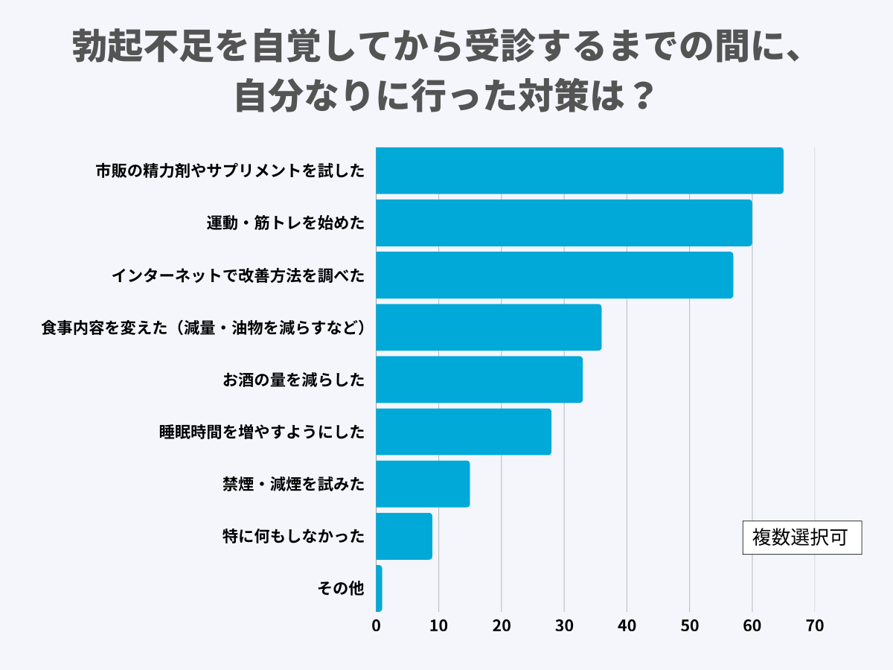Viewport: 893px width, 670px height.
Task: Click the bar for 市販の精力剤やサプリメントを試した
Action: (579, 170)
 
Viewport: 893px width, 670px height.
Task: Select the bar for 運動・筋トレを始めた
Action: (563, 223)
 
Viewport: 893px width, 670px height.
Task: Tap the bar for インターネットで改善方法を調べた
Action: (554, 275)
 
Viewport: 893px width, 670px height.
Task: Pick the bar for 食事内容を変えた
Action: (488, 327)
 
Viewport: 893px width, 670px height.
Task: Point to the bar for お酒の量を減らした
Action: (478, 379)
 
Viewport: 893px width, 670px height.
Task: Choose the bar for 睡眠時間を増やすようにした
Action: (463, 431)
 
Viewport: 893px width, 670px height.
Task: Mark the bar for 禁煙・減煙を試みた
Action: (423, 483)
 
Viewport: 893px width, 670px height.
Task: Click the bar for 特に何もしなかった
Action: (404, 535)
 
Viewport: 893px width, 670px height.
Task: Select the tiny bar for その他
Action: (379, 587)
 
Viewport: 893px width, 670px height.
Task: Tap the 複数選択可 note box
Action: (801, 537)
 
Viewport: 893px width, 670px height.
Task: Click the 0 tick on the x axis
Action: (376, 626)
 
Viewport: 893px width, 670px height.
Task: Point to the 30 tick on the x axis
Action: (564, 626)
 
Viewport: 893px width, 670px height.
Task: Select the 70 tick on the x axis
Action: (815, 626)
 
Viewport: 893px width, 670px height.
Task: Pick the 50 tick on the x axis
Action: (689, 626)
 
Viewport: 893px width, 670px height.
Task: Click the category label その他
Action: (341, 588)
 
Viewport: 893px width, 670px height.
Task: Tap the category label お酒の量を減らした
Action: (294, 380)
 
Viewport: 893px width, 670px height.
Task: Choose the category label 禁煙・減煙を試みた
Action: (294, 484)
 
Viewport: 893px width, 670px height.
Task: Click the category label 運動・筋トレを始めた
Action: (286, 223)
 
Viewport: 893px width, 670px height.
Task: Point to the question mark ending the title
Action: (637, 96)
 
